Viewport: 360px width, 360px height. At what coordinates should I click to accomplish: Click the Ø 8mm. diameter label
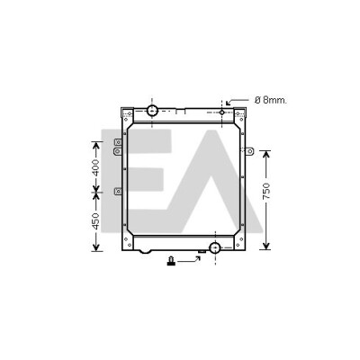pyautogui.click(x=271, y=100)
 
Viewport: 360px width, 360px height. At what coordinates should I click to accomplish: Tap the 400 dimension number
pyautogui.click(x=95, y=167)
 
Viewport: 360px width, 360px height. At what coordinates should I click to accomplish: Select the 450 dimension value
pyautogui.click(x=95, y=221)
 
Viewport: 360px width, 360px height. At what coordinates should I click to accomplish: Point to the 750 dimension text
pyautogui.click(x=266, y=191)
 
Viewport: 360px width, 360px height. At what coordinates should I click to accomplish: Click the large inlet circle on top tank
pyautogui.click(x=152, y=111)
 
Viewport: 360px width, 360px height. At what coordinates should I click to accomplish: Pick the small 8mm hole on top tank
pyautogui.click(x=221, y=112)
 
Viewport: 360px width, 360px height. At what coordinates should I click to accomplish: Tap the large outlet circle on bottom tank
pyautogui.click(x=215, y=247)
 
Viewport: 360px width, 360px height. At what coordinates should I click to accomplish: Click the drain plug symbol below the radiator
pyautogui.click(x=171, y=261)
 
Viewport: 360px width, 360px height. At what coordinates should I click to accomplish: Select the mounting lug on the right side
pyautogui.click(x=249, y=151)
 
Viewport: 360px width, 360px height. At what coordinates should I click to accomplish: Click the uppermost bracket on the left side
pyautogui.click(x=118, y=142)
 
